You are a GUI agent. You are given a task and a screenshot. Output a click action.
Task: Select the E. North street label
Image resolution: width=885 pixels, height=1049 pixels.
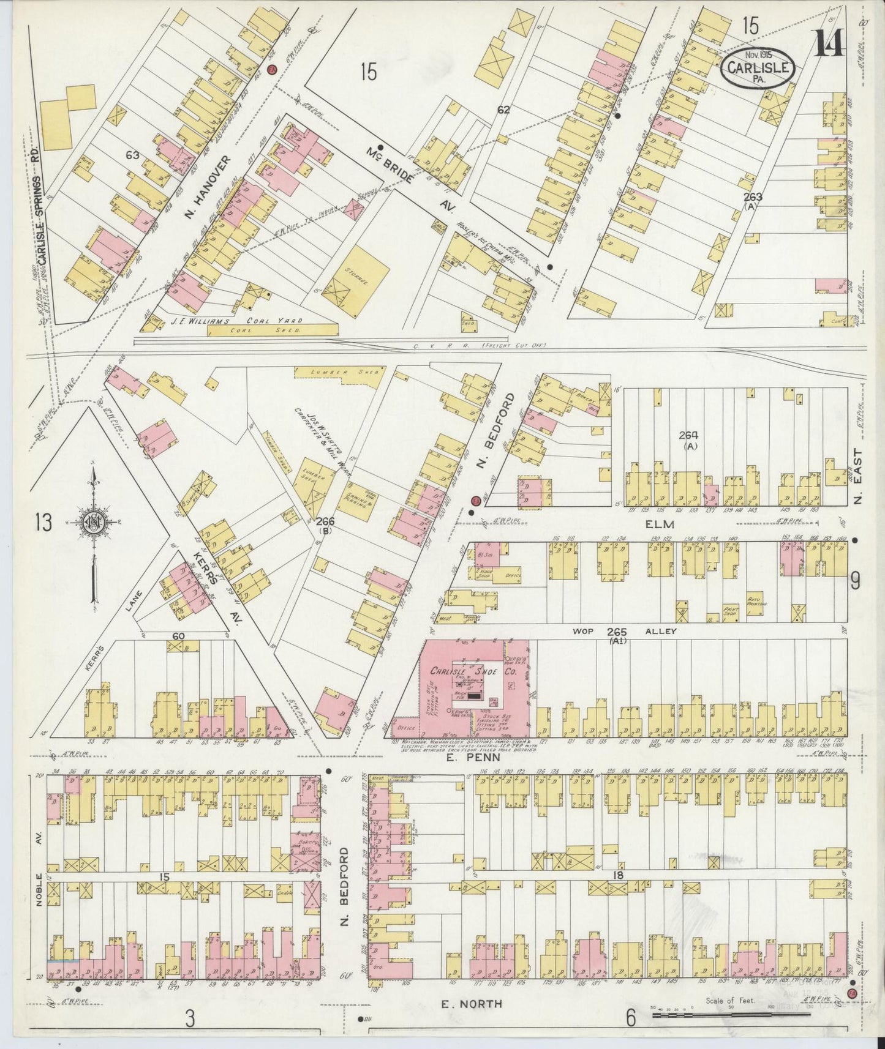click(471, 1004)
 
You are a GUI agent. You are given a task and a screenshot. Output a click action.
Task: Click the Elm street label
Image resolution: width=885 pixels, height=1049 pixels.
click(659, 524)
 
